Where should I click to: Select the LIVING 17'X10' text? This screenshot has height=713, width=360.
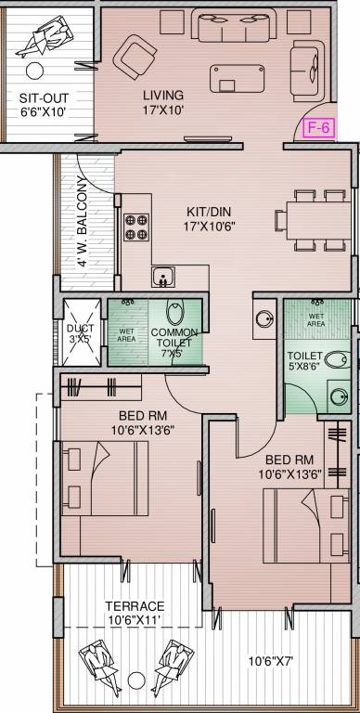tap(163, 102)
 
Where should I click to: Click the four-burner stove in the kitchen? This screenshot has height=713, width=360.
tap(136, 227)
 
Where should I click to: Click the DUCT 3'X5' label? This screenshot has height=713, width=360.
tap(79, 333)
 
